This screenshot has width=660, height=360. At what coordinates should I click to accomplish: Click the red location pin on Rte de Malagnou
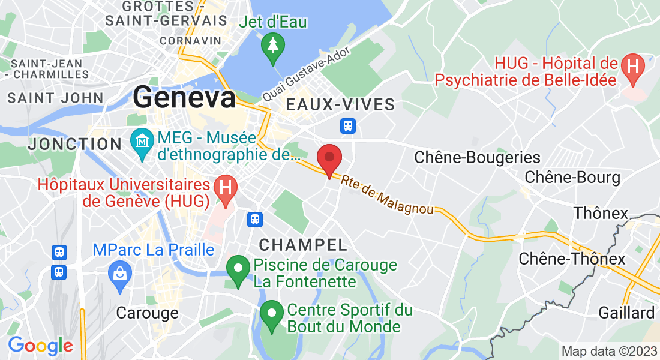pos(329,159)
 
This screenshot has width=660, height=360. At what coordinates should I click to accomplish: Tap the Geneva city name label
pos(185,97)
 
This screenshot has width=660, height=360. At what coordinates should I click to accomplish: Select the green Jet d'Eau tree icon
pos(274,47)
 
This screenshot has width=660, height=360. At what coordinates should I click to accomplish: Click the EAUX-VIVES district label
pos(340,105)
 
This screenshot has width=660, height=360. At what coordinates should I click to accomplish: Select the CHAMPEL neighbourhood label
pos(303,244)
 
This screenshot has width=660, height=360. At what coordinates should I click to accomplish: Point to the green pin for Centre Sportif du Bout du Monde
pos(272,314)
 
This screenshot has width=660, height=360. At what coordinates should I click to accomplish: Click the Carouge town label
pos(147,313)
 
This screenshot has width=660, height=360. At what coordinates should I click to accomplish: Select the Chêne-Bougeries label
pos(478,158)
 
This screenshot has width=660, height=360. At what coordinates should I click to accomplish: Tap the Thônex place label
pos(601,213)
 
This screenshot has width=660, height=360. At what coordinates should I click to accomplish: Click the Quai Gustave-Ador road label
pos(307,74)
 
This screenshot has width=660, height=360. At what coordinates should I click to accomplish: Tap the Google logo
pos(40,346)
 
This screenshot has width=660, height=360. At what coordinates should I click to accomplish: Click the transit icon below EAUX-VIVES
pos(348,126)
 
